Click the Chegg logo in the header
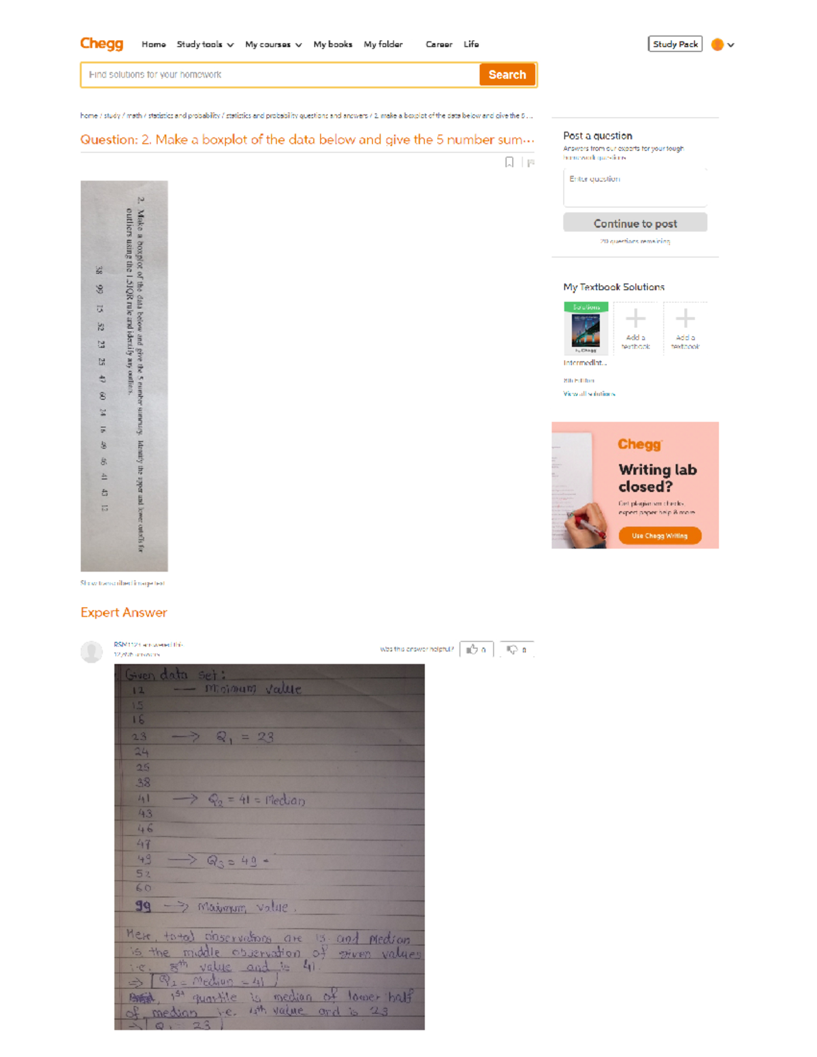tap(101, 44)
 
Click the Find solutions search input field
tap(280, 75)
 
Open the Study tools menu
tap(205, 44)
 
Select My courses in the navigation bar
tap(273, 44)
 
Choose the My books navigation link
tap(333, 44)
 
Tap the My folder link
tap(383, 44)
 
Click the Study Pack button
tap(675, 44)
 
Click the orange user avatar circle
tap(717, 45)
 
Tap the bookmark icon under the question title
tap(509, 162)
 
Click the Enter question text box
tap(635, 187)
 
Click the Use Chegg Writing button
tap(660, 536)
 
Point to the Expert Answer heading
tap(123, 613)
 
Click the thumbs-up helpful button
tap(476, 649)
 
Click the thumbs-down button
tap(517, 649)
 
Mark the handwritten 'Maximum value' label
tap(242, 907)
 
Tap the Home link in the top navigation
tap(154, 44)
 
